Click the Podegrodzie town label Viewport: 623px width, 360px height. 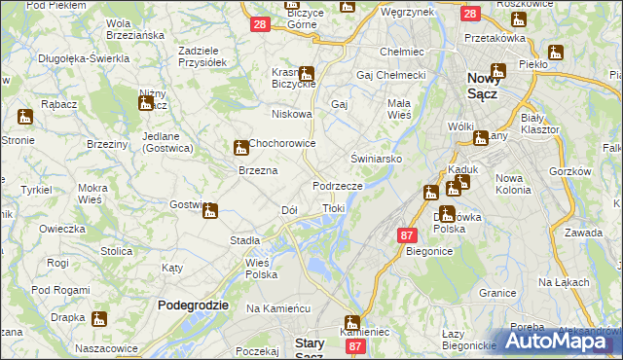pos(193,305)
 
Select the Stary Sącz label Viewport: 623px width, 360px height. pos(316,342)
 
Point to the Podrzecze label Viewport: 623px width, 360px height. pos(338,185)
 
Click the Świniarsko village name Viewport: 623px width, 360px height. pos(377,157)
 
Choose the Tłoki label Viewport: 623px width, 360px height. pos(333,208)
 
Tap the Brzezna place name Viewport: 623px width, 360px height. pos(259,170)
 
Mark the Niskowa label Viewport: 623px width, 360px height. pos(292,114)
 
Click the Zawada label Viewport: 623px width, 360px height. pos(584,234)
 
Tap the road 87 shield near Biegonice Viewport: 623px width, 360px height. pos(408,234)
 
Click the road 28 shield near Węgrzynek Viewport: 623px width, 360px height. pos(470,15)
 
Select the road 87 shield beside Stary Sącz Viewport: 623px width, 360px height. pos(356,345)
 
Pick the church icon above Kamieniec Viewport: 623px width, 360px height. pos(351,323)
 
